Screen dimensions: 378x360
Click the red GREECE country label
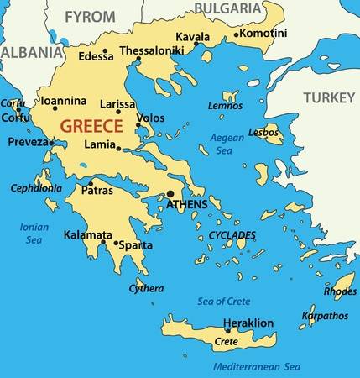pos(91,127)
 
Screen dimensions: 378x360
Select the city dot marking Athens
pos(170,193)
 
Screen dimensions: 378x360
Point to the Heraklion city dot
pos(227,330)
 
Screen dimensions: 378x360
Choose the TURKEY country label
pos(330,98)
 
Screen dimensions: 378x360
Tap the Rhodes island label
pos(340,291)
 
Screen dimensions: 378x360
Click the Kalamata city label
pos(88,234)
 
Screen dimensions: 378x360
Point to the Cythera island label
pos(146,288)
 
